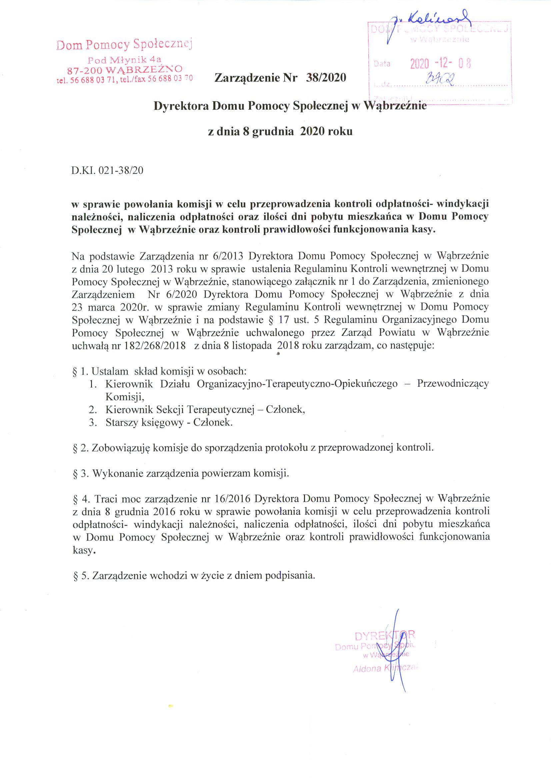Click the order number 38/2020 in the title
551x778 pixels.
[326, 78]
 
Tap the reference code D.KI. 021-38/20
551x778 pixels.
[108, 170]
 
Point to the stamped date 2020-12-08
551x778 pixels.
[440, 63]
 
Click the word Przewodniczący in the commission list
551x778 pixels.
[453, 383]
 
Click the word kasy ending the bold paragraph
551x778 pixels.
[421, 229]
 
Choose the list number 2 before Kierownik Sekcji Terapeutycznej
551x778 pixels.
[92, 410]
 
